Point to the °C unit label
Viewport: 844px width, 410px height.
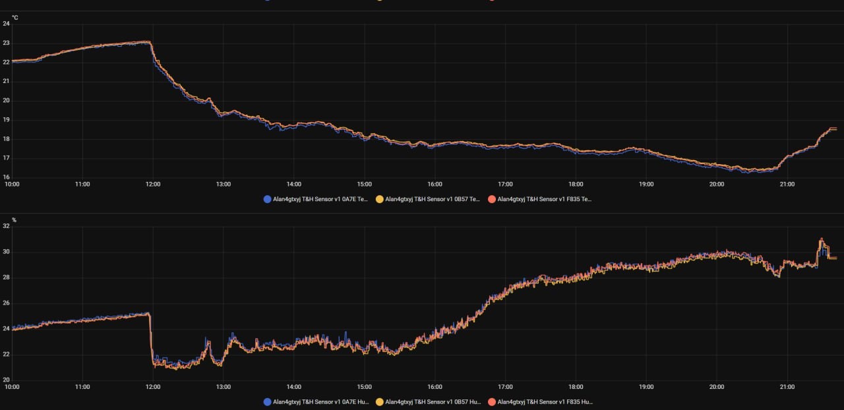coord(15,17)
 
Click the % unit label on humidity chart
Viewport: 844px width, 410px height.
coord(14,220)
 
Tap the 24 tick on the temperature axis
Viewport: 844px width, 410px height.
coord(6,24)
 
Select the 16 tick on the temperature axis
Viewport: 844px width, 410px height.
coord(6,177)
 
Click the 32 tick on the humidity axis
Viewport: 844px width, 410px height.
coord(6,226)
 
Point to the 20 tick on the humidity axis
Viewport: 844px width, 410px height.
coord(6,380)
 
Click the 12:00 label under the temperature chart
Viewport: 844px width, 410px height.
coord(153,185)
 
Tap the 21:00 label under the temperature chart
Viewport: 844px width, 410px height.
coord(787,185)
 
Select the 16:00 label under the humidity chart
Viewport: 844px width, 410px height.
coord(435,388)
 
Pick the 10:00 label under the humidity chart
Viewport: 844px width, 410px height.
coord(12,388)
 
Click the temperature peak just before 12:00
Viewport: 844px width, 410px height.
coord(149,42)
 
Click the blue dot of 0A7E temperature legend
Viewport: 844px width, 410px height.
coord(267,198)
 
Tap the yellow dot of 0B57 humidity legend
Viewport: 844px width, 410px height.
coord(379,401)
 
